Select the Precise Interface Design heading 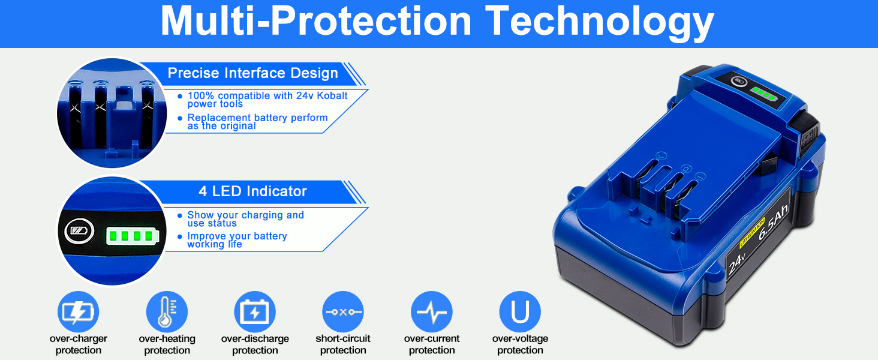tap(253, 73)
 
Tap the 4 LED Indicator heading tap(252, 191)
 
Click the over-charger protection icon tap(79, 312)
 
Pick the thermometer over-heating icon tap(167, 312)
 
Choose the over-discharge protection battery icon tap(255, 312)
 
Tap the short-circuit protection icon tap(343, 312)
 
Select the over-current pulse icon tap(432, 312)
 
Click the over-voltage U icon tap(520, 312)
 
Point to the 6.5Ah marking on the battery tap(772, 222)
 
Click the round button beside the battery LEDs tap(739, 82)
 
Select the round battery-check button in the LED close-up tap(80, 230)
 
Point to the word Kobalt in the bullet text tap(332, 95)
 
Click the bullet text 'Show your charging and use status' tap(245, 219)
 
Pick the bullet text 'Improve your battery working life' tap(237, 240)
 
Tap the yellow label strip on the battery tap(752, 232)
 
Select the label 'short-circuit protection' tap(343, 344)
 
